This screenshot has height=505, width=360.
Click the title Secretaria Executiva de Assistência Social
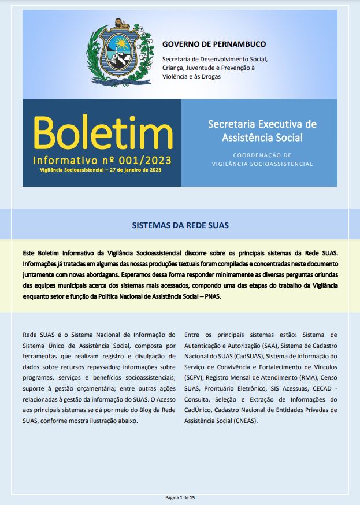point(262,131)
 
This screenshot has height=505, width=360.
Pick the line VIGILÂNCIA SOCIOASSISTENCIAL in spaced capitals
point(263,164)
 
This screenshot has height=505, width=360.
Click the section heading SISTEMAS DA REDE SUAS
point(180,224)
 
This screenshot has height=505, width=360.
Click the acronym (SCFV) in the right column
point(194,377)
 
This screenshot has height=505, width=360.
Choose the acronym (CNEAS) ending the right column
point(244,421)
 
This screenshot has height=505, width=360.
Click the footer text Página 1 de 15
point(180,497)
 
